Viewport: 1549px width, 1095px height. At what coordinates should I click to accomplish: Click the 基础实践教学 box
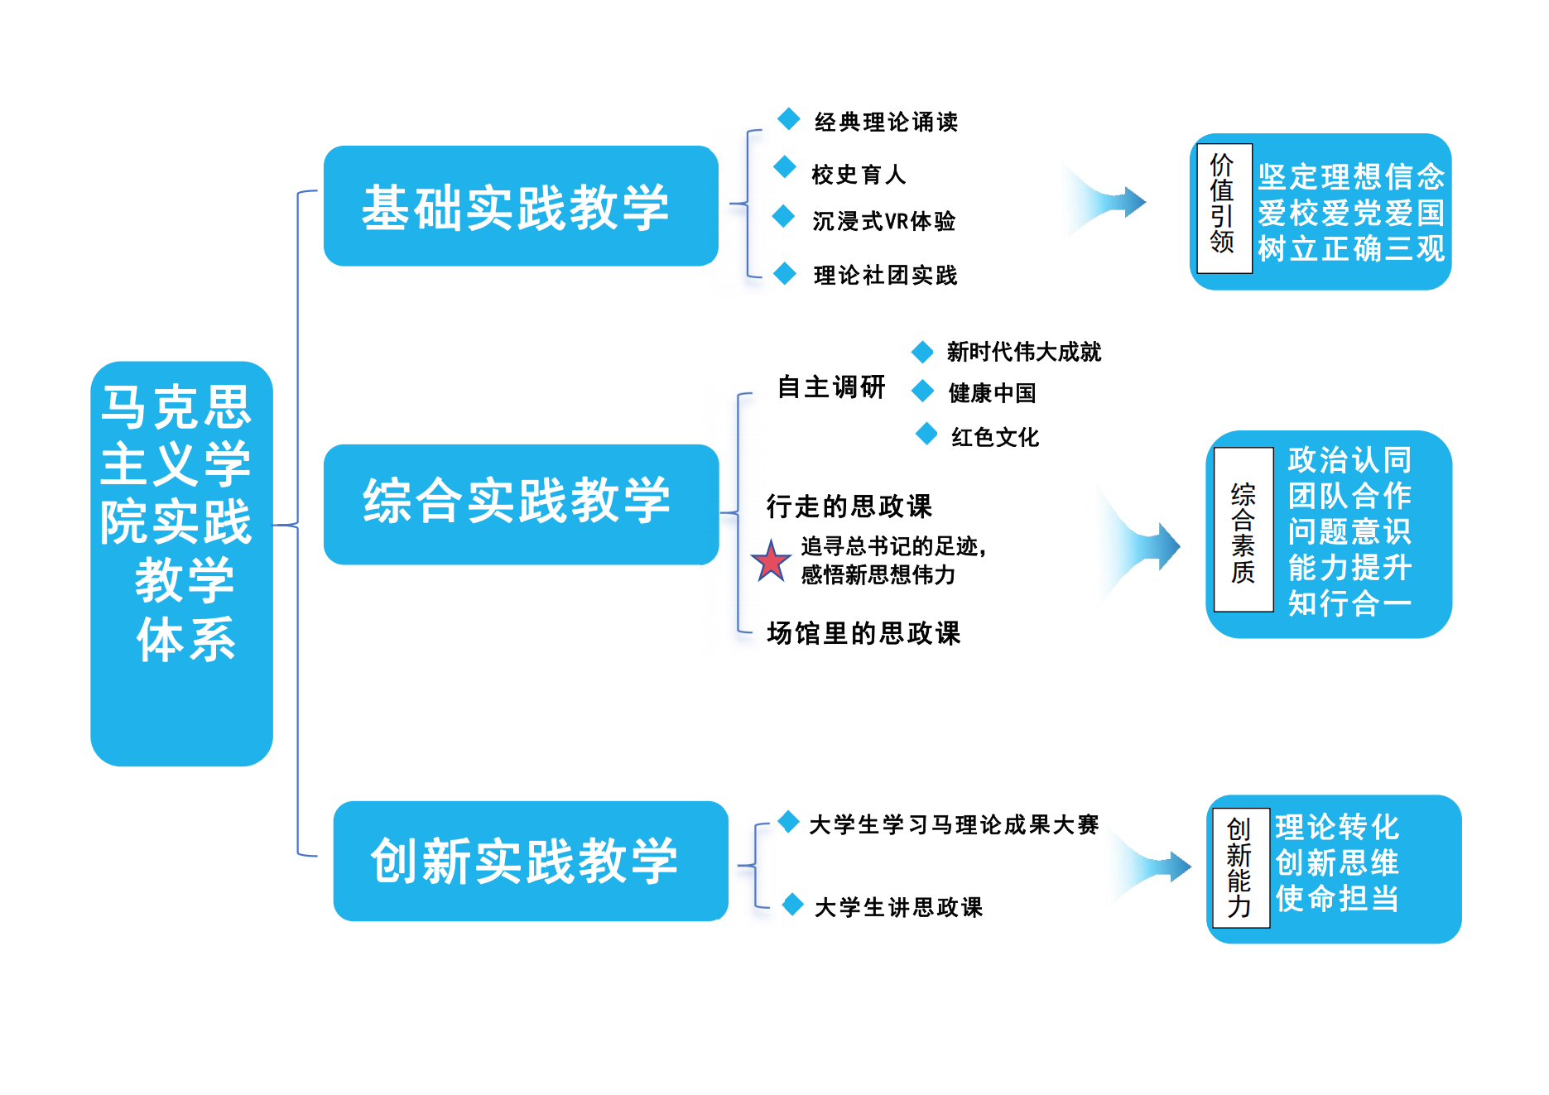pos(521,206)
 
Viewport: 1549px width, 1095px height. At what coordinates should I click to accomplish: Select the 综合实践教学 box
pos(521,504)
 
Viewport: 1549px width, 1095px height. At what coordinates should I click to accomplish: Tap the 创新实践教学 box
pos(530,861)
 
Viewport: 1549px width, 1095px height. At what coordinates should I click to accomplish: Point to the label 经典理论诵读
pos(886,122)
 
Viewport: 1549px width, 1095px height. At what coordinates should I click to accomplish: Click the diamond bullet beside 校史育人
pos(785,167)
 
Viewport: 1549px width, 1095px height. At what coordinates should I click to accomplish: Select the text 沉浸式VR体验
pos(883,221)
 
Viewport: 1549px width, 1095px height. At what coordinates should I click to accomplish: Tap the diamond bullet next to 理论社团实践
pos(785,273)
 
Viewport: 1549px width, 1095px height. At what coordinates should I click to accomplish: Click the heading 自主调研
pos(831,387)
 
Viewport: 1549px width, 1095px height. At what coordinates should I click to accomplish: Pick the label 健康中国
pos(992,392)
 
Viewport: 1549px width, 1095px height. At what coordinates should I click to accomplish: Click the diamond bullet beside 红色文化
pos(926,433)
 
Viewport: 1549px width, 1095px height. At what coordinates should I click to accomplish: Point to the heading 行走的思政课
pos(849,506)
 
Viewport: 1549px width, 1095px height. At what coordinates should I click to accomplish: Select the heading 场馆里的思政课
pos(863,633)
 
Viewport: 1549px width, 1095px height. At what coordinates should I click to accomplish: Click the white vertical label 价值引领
pos(1223,203)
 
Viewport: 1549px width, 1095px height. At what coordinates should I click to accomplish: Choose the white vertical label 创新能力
pos(1239,867)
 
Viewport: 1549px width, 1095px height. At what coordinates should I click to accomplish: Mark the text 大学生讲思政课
pos(898,907)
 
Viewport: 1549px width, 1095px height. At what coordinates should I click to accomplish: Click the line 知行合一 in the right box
pos(1349,603)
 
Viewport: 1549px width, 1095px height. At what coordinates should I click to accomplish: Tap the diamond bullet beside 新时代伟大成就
pos(922,352)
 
